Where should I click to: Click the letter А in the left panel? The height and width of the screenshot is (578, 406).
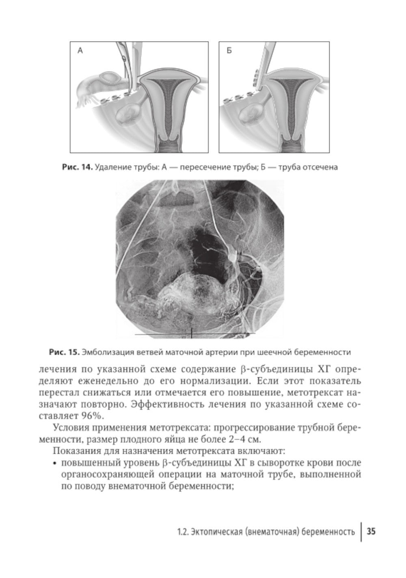click(x=80, y=51)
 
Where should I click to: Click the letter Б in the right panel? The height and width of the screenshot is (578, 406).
click(x=229, y=51)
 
